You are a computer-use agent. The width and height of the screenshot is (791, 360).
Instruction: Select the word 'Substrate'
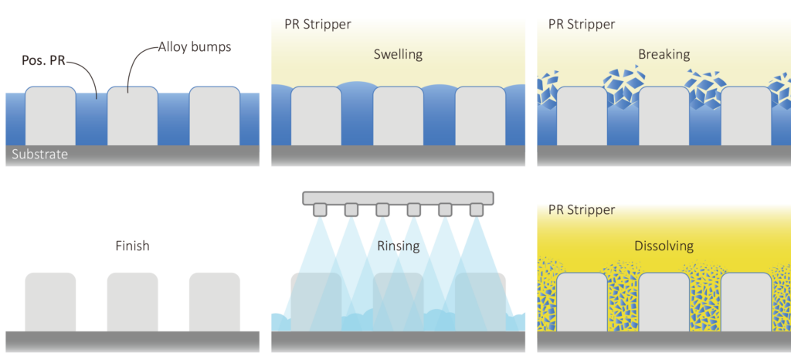[x=40, y=155]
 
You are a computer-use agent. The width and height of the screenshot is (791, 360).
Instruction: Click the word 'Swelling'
[x=398, y=55]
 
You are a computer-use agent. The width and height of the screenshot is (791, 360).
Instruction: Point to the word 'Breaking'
[x=664, y=55]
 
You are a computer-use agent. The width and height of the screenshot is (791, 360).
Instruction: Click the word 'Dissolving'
[x=664, y=246]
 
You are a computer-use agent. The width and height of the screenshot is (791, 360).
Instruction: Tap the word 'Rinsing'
[x=398, y=246]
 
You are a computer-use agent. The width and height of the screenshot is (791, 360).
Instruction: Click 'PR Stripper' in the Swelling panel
[x=317, y=24]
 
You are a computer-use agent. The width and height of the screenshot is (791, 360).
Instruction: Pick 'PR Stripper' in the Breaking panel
[x=582, y=24]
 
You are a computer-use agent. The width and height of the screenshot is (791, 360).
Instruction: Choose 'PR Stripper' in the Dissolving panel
[x=582, y=209]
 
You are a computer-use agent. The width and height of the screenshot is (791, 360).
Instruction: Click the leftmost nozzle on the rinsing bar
[x=319, y=209]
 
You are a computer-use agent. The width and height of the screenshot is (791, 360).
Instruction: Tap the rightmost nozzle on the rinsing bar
[x=477, y=209]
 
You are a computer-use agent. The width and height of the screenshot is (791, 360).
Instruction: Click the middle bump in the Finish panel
[x=132, y=301]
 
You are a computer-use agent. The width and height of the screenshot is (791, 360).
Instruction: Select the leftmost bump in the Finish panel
[x=50, y=301]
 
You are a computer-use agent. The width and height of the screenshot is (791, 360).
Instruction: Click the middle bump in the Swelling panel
[x=398, y=116]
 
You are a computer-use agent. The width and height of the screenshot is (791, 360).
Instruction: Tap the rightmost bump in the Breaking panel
[x=746, y=116]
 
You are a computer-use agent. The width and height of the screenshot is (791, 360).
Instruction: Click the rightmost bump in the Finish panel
[x=214, y=301]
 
